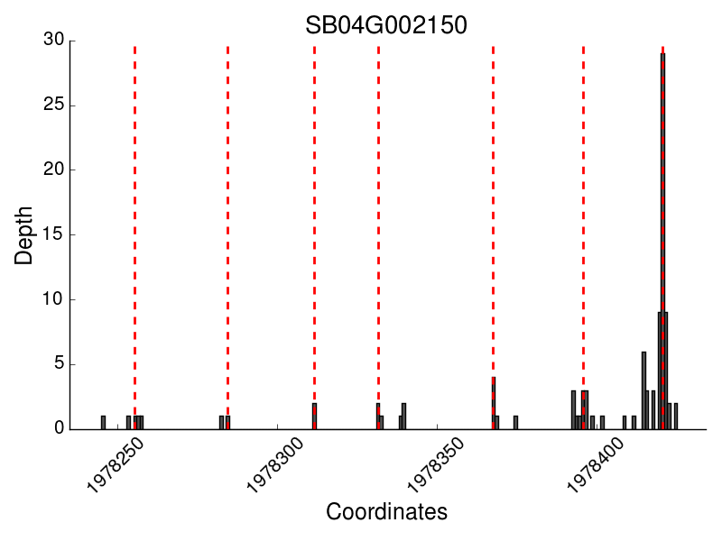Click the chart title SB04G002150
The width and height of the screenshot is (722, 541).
click(386, 24)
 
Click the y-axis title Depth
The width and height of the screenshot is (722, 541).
click(24, 235)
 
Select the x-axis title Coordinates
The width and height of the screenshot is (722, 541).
click(386, 512)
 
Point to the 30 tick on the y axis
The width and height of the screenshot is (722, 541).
click(53, 40)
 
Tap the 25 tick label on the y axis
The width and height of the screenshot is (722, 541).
click(53, 105)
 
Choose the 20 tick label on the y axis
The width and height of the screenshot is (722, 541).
click(53, 170)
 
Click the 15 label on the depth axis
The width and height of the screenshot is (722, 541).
click(53, 234)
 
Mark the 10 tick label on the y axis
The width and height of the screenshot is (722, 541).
click(53, 299)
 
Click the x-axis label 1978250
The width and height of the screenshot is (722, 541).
click(117, 465)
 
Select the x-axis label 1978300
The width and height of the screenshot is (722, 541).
click(277, 465)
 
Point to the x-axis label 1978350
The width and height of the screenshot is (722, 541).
click(437, 465)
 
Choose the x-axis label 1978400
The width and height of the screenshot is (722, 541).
click(597, 465)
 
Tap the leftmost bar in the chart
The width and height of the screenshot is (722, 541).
click(103, 423)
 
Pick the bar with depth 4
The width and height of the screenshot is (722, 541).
click(494, 403)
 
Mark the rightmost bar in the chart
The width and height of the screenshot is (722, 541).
click(675, 417)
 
